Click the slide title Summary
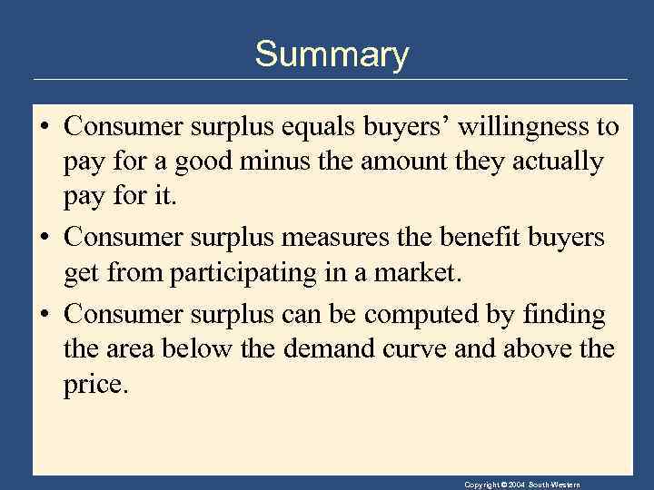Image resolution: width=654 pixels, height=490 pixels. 332,54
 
